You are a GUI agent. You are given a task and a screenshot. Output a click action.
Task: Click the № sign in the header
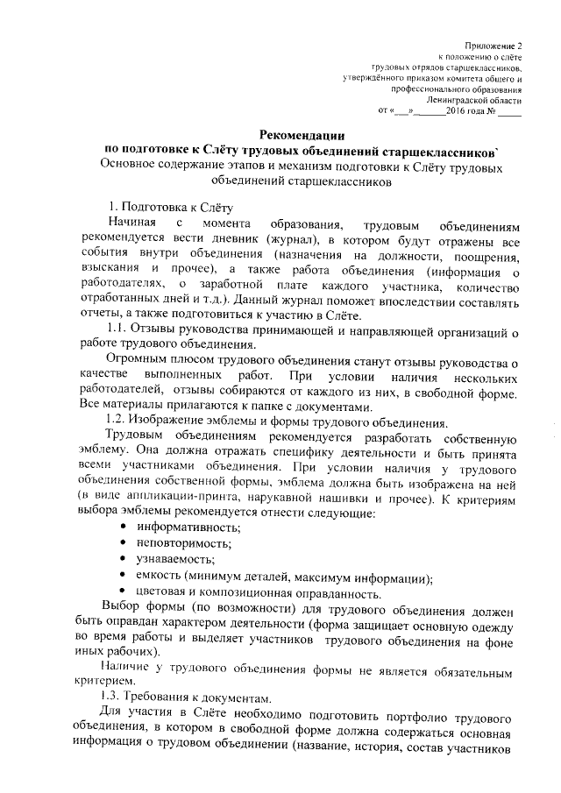tap(493, 112)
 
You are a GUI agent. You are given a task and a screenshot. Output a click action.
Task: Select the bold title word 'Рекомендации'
tap(301, 134)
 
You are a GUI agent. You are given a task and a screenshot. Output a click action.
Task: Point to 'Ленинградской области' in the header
tap(476, 101)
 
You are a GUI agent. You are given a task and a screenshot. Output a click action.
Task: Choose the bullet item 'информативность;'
tap(187, 527)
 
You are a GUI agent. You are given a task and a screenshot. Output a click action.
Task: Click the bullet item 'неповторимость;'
tap(182, 543)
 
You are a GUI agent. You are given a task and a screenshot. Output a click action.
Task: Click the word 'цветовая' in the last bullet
tap(160, 593)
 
